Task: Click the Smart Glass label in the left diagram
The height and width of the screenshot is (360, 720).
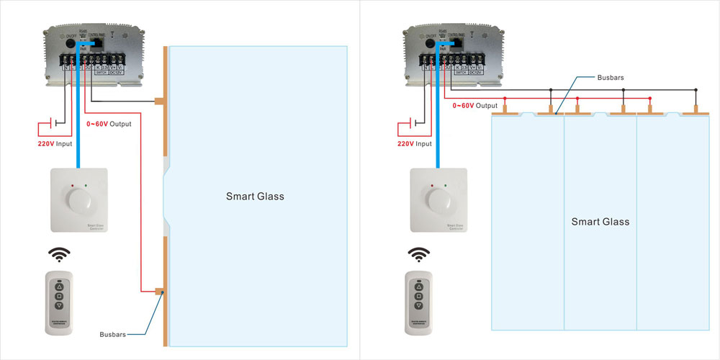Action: pos(255,196)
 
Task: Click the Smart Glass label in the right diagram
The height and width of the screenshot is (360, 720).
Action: pos(600,222)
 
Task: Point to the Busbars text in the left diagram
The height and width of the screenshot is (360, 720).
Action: pos(114,335)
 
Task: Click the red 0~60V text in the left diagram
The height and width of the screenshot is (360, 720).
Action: pos(97,124)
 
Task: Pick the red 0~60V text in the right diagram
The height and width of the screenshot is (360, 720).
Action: pos(463,106)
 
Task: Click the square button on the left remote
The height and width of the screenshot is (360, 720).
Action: pos(60,296)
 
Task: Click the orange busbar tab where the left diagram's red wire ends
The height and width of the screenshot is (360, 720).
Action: pos(158,292)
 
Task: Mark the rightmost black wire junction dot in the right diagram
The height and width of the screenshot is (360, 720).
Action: pos(696,90)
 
